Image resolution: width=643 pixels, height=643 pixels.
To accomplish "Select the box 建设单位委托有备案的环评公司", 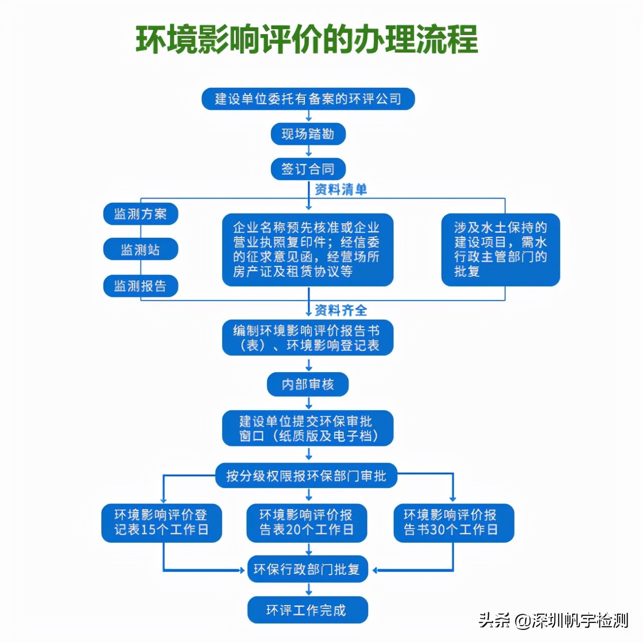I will click(308, 99).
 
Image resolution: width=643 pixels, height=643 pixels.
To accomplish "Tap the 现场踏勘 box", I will click(308, 134).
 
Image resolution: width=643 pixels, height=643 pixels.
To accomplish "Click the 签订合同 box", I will click(308, 169).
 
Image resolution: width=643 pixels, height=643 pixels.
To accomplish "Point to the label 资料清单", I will click(341, 189).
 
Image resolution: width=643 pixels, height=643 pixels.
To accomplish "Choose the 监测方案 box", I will click(140, 214).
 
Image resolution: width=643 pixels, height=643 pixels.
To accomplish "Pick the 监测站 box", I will click(140, 249).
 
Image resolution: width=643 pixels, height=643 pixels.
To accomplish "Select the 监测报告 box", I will click(140, 286).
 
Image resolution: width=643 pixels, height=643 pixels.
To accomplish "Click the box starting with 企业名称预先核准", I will click(307, 250).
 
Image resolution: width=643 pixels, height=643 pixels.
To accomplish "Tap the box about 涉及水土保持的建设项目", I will click(500, 250).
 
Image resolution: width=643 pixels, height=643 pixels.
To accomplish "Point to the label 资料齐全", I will click(341, 310).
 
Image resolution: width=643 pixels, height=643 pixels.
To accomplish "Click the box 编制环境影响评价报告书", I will click(307, 338).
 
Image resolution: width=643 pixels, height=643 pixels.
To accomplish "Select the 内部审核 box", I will click(307, 384).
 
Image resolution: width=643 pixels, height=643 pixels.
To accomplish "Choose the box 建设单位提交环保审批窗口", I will click(307, 428).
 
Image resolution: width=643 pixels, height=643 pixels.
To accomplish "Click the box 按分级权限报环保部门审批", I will click(306, 475).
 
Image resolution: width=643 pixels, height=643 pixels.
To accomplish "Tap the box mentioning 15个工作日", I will click(161, 523).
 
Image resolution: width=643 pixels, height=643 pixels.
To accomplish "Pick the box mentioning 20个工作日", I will click(306, 523).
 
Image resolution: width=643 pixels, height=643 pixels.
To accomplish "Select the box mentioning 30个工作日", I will click(453, 523).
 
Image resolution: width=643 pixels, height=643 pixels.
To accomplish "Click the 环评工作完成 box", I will click(307, 610).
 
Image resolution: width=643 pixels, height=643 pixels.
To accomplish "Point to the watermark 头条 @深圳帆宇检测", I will click(553, 620).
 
